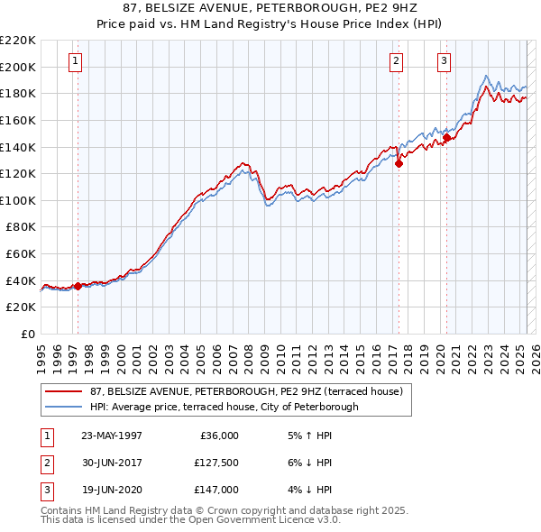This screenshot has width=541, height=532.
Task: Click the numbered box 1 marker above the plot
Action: point(75,61)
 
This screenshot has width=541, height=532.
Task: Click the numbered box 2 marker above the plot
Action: point(396,61)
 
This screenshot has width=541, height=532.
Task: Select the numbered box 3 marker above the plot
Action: point(445,61)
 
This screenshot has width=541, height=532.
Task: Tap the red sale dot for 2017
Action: point(399,163)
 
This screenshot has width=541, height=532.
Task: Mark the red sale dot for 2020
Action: point(446,138)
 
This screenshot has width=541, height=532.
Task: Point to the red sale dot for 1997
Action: point(78,286)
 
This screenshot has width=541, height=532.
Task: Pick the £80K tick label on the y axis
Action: point(21,227)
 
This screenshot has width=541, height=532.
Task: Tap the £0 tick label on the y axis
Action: point(27,335)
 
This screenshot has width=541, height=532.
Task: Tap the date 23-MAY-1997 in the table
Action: point(111,436)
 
